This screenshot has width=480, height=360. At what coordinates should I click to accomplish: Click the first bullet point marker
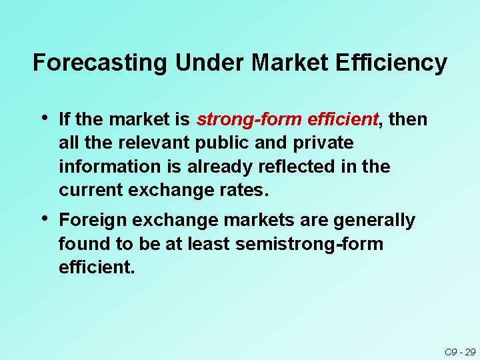[43, 119]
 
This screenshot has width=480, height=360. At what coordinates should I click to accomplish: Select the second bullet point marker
[43, 219]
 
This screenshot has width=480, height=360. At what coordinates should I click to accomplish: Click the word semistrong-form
[309, 244]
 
